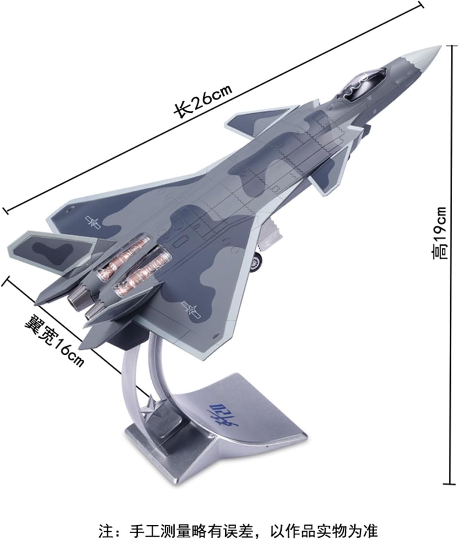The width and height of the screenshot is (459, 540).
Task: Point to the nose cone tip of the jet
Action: pos(441,46)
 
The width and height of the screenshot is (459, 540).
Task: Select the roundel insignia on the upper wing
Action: pos(93,222)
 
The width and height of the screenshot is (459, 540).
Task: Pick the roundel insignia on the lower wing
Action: pos(192,309)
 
